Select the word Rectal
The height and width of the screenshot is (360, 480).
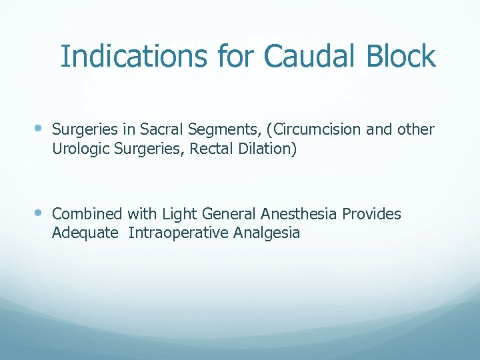209,149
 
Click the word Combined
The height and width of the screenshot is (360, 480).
87,214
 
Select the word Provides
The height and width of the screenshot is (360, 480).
372,214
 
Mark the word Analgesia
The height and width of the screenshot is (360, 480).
267,233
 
